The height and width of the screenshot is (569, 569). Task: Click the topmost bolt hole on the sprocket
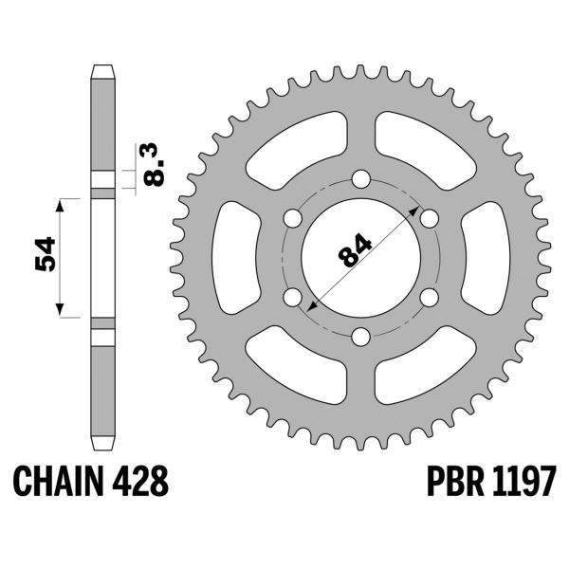(x=360, y=179)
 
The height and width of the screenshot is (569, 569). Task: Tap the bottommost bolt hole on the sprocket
(x=360, y=336)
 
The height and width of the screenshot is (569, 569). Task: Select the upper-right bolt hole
(x=429, y=218)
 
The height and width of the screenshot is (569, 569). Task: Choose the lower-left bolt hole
(x=293, y=297)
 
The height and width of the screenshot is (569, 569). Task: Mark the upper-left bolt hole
(x=293, y=218)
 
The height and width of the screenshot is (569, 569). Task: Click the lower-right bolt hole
(x=429, y=297)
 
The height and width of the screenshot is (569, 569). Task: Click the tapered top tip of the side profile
(x=102, y=69)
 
